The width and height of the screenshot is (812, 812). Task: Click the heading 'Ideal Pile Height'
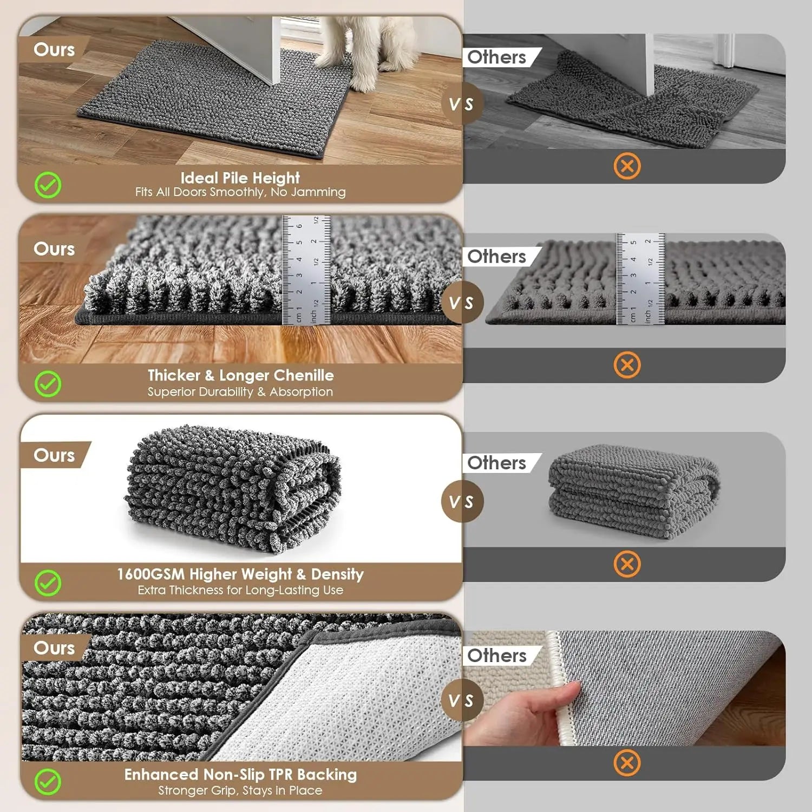240,178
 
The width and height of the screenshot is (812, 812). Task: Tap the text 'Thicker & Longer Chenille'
240,375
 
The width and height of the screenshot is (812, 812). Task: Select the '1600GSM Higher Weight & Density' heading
240,574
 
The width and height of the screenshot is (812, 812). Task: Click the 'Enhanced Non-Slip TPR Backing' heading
240,774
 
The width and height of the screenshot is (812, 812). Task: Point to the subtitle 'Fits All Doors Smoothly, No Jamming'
240,192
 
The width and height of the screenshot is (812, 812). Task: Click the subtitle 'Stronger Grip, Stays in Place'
240,790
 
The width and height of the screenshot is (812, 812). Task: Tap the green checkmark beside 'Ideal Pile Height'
48,185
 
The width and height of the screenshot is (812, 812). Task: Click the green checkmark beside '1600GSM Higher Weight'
48,583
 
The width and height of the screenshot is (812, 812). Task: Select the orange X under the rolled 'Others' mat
627,564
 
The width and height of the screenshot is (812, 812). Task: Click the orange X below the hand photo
627,763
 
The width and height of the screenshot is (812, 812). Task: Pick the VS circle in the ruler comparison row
461,303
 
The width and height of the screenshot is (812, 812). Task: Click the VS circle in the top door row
461,104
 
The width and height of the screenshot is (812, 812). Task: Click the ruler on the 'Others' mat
640,279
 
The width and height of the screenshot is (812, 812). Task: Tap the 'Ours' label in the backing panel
54,647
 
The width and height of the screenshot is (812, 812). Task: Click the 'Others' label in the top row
496,57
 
